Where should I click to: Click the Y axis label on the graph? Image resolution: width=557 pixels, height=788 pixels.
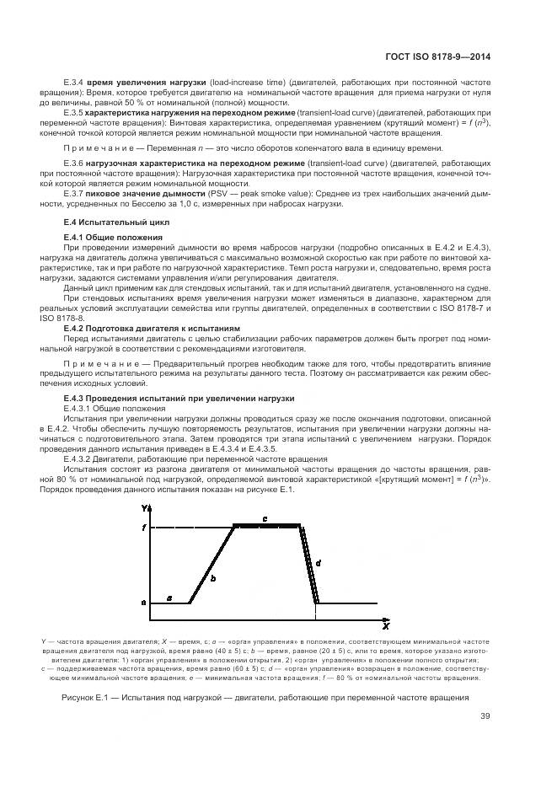tap(146, 507)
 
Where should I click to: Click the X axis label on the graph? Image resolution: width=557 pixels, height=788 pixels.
tap(384, 627)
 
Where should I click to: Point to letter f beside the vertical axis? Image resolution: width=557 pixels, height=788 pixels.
tap(144, 527)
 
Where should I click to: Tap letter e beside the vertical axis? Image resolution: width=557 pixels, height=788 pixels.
tap(144, 603)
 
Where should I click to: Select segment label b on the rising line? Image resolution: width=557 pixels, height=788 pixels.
tap(213, 578)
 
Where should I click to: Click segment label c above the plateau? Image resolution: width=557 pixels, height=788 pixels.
tap(265, 518)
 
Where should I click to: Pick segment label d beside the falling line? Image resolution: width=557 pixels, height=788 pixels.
tap(318, 561)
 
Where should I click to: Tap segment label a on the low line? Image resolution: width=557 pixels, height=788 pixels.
tap(169, 598)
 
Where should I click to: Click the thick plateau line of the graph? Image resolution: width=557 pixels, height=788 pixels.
tap(266, 525)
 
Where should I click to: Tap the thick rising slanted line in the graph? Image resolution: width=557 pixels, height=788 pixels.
tap(212, 564)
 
